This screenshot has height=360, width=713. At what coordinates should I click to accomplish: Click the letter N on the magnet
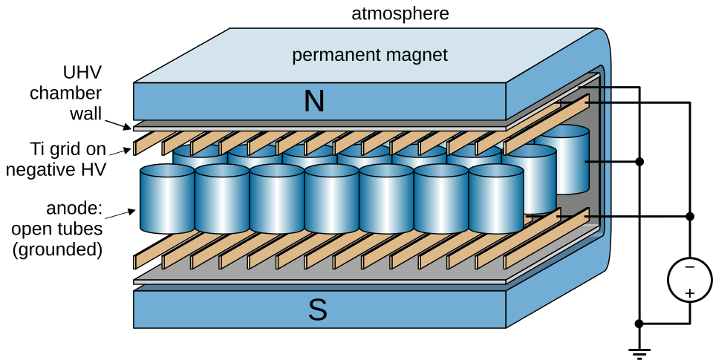(314, 102)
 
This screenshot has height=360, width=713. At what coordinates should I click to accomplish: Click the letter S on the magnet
(317, 310)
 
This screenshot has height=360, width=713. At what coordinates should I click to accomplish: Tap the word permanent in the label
(331, 56)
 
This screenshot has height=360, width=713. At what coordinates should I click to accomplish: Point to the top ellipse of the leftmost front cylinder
(167, 171)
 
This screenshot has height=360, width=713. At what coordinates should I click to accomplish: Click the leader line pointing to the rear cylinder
(599, 161)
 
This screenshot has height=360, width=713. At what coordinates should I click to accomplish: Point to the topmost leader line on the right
(599, 88)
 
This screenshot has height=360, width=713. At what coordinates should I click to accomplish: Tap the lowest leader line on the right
(599, 216)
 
